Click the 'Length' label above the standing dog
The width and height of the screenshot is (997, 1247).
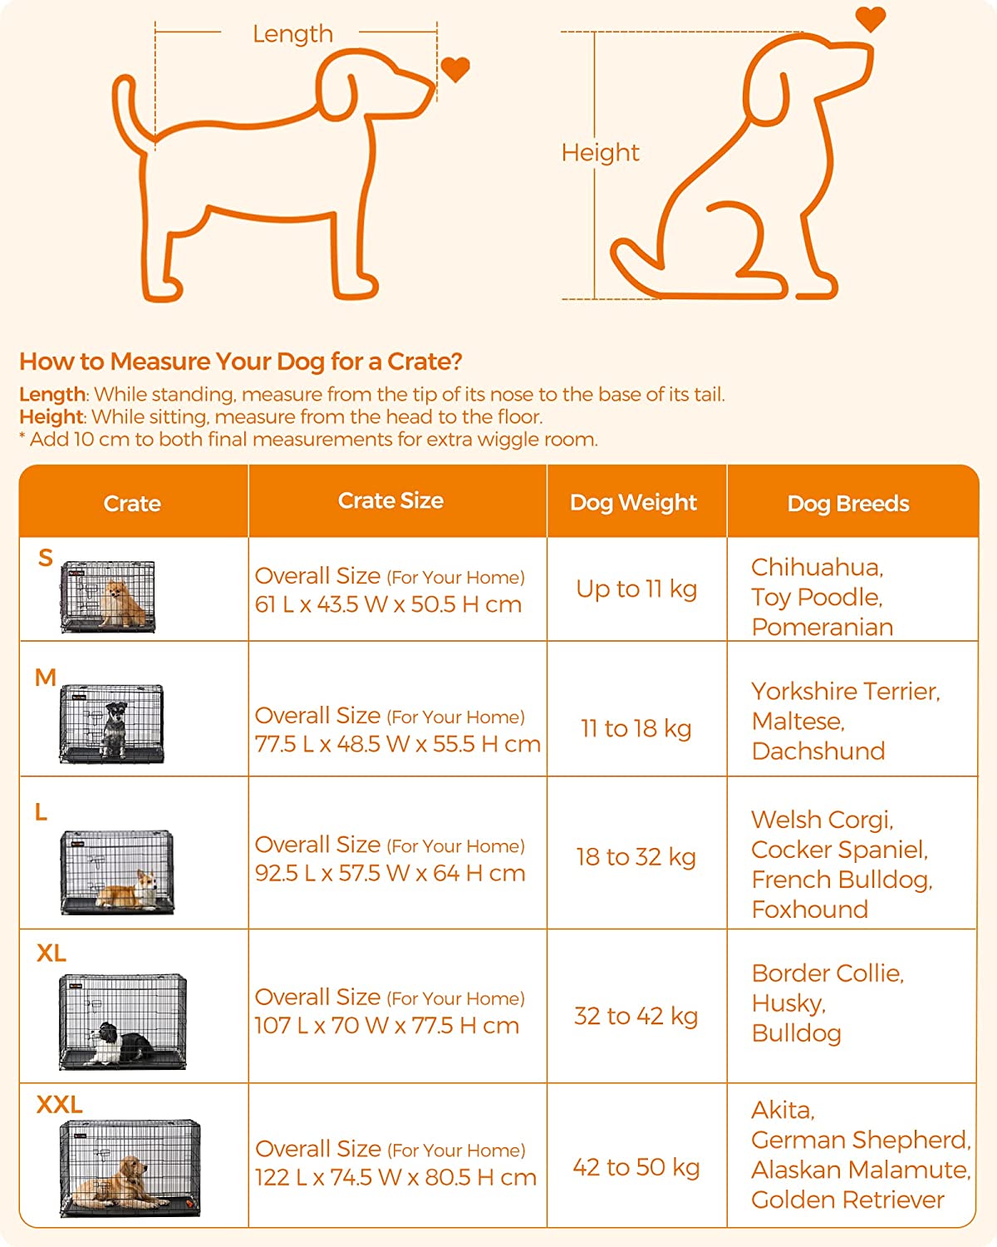click(292, 33)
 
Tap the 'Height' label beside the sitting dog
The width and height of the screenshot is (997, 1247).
click(600, 153)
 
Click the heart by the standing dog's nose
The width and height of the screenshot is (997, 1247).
click(454, 70)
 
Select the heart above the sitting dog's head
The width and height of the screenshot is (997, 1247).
click(870, 19)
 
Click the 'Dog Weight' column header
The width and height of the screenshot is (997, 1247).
click(633, 502)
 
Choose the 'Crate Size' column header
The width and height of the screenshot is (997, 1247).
click(390, 500)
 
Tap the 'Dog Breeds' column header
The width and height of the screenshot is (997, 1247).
click(848, 504)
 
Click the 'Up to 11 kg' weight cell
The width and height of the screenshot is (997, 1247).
click(636, 589)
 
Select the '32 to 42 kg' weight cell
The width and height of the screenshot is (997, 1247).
click(636, 1017)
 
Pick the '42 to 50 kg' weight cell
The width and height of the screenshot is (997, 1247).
click(636, 1168)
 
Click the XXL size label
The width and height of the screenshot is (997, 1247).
click(59, 1105)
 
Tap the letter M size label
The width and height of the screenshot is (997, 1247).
click(45, 677)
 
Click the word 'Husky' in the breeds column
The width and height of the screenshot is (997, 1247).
click(788, 1003)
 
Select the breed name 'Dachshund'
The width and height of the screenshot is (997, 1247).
click(818, 751)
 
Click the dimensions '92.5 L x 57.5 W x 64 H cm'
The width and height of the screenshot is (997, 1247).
click(390, 873)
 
